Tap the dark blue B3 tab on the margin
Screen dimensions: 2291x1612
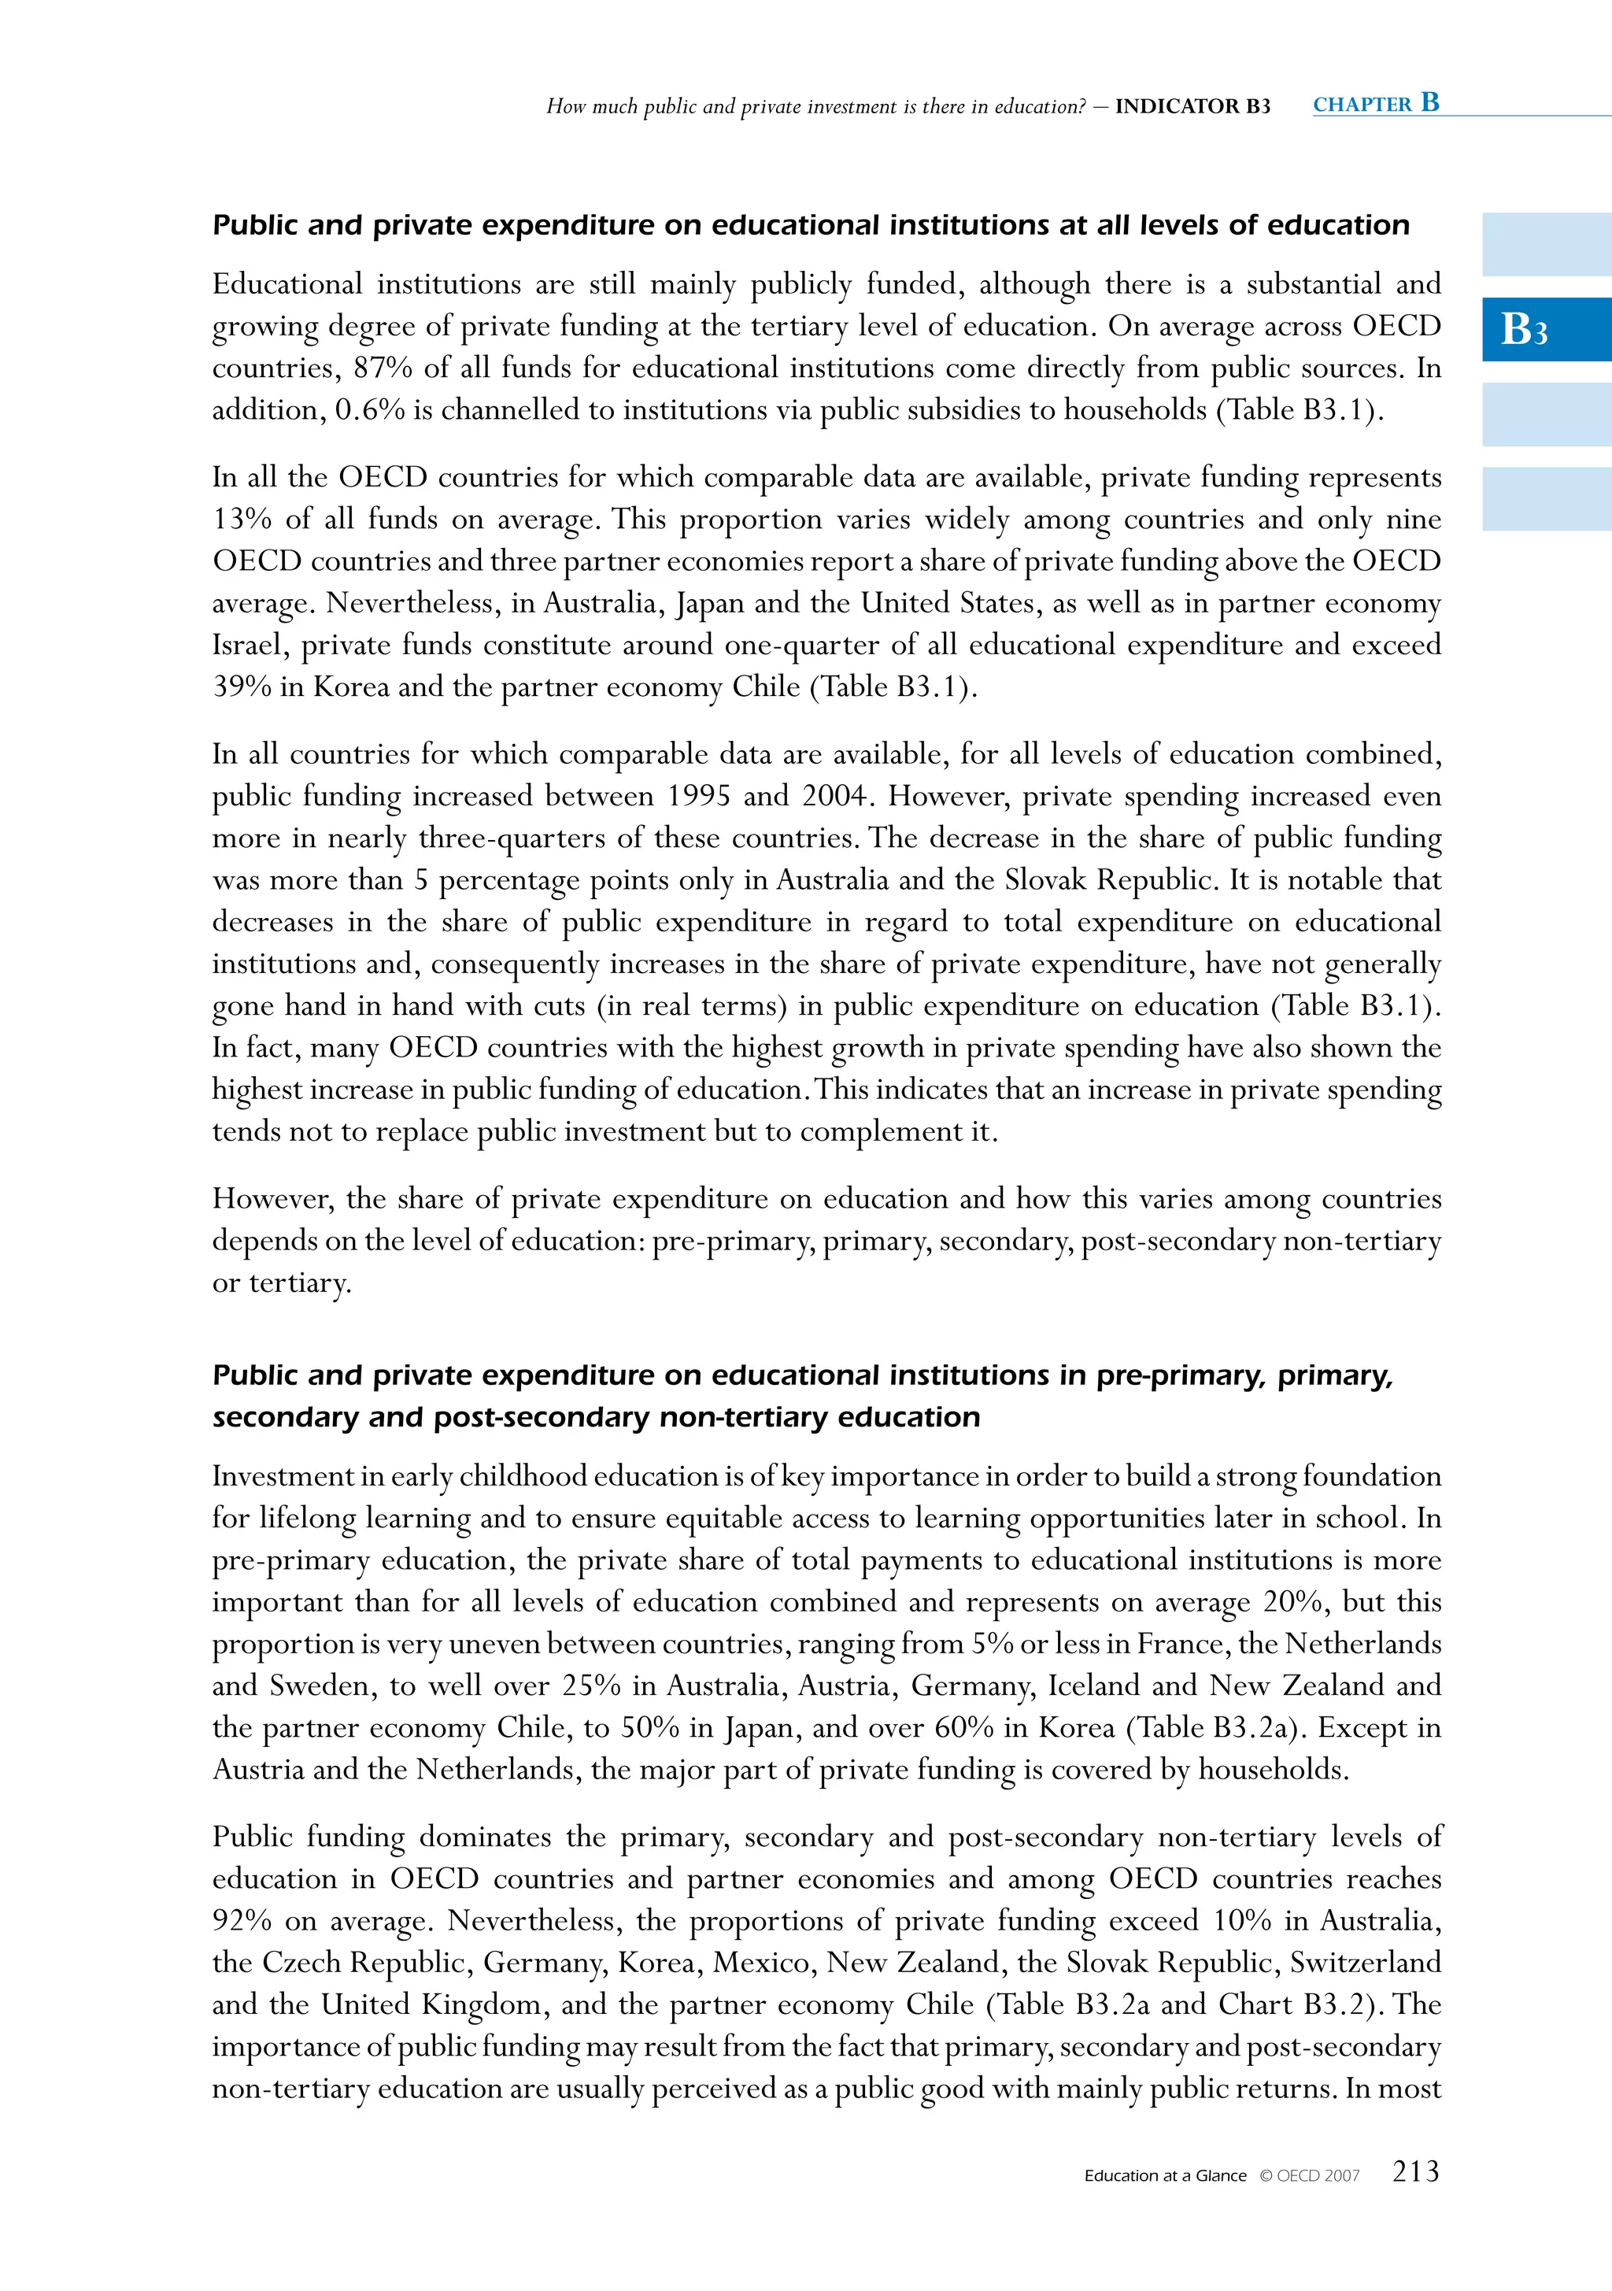pos(1545,329)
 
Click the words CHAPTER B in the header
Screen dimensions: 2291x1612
pos(1376,104)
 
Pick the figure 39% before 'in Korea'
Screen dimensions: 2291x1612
pos(242,687)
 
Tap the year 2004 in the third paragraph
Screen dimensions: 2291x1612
pos(836,796)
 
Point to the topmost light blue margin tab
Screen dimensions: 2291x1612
pos(1545,245)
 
